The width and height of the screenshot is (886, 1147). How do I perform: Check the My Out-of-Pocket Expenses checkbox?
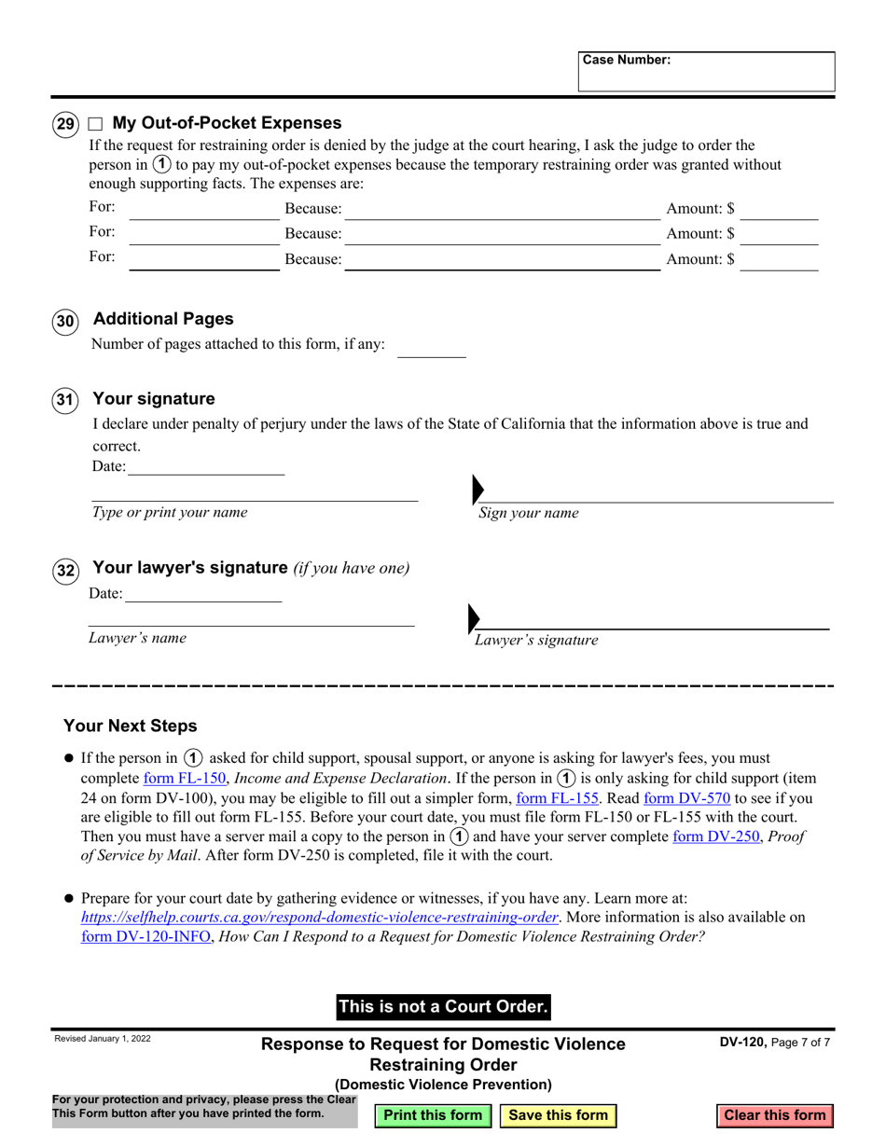click(95, 123)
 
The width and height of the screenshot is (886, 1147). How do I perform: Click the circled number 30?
click(64, 323)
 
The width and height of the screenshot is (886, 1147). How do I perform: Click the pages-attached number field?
click(431, 347)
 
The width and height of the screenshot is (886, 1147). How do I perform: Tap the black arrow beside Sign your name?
click(478, 489)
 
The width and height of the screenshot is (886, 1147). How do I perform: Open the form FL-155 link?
click(558, 798)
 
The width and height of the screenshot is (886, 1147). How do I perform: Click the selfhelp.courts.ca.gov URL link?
click(320, 918)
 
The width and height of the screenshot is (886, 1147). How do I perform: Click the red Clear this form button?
click(774, 1115)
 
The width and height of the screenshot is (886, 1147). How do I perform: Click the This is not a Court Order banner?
click(443, 1006)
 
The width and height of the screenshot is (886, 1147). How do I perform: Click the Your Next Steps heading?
click(131, 726)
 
